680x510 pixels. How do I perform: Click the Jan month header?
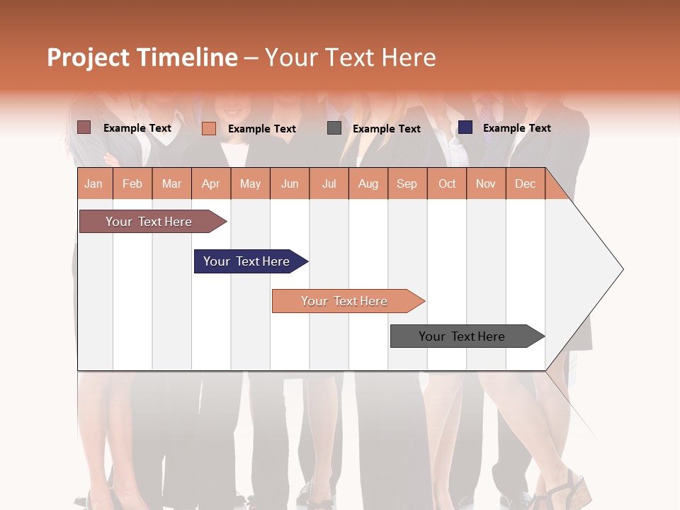(93, 183)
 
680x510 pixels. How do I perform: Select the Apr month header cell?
(210, 183)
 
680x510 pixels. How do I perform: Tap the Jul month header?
(329, 183)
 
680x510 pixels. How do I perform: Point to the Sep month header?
(407, 183)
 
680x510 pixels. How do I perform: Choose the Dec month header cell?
(525, 183)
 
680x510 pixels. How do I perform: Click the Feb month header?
(132, 183)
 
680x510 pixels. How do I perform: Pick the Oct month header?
(447, 183)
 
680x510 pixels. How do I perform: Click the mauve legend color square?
(84, 127)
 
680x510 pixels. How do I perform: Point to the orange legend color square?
(209, 128)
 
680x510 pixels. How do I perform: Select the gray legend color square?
(334, 128)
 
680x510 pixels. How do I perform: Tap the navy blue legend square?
(465, 127)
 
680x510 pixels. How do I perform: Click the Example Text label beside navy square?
(516, 128)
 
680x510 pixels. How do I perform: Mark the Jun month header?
(290, 183)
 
